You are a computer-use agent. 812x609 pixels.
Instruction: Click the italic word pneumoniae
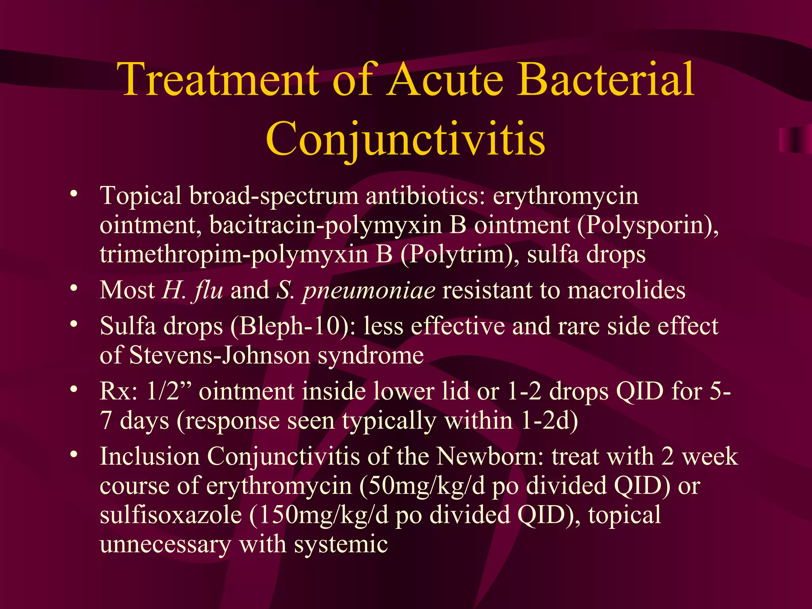click(368, 291)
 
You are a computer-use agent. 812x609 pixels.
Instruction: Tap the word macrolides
click(626, 290)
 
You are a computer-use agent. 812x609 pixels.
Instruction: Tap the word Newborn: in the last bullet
click(490, 457)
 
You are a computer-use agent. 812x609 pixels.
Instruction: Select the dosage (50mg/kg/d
click(422, 486)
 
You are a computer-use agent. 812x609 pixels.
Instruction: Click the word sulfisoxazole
click(171, 515)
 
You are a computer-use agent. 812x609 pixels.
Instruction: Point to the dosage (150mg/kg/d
click(319, 515)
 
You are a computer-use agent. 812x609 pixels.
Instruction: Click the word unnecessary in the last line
click(165, 545)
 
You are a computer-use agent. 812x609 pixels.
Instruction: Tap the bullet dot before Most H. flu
click(73, 288)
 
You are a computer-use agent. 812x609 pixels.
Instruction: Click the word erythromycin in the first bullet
click(565, 196)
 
